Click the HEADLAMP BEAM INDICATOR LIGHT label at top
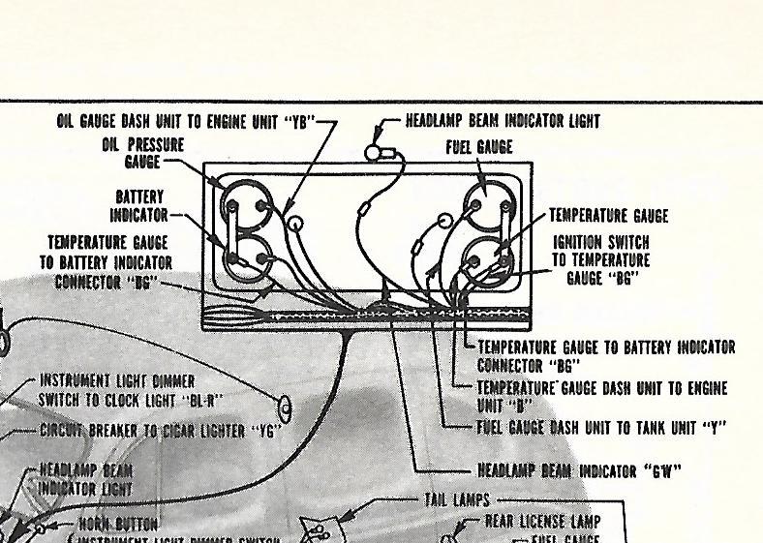coord(503,121)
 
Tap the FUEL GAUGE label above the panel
coord(478,147)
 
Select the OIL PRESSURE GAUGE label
coord(142,153)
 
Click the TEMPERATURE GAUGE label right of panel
coord(608,216)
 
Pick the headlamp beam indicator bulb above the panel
coord(374,152)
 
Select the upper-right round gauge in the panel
coord(482,203)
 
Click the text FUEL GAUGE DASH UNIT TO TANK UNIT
coord(601,427)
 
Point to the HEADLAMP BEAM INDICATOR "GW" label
coord(579,471)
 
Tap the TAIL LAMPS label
coord(457,500)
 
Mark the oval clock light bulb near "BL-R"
coord(285,405)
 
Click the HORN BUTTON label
coord(117,525)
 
